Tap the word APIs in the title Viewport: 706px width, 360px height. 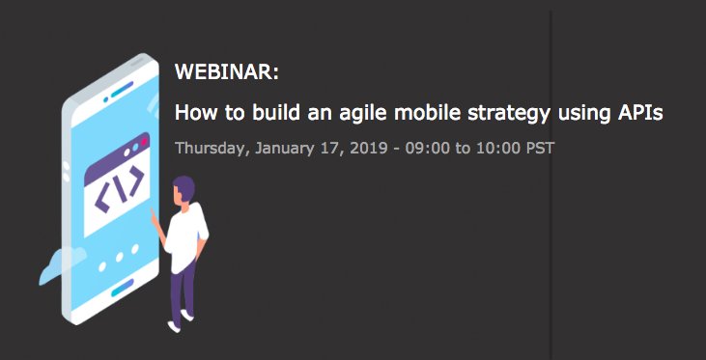pos(639,113)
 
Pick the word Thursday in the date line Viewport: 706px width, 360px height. pos(210,150)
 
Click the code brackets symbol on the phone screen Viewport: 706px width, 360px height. pos(119,190)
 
